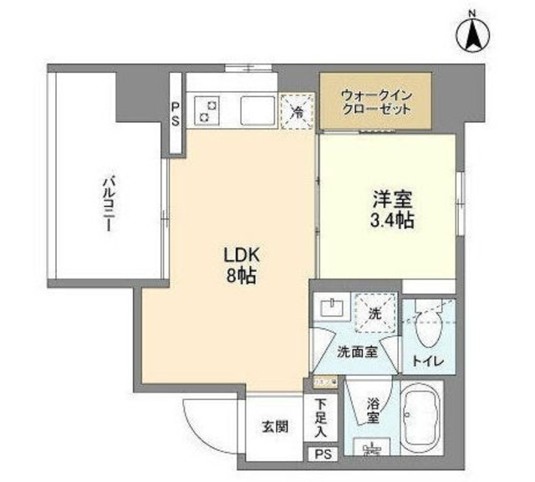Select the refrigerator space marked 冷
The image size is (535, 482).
(x=297, y=110)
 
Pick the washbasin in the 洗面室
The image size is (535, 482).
(x=334, y=306)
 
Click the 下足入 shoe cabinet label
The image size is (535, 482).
(x=322, y=418)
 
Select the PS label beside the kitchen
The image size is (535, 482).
(x=176, y=113)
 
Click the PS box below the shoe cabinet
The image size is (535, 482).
(x=323, y=454)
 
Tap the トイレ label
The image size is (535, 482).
(x=427, y=361)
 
